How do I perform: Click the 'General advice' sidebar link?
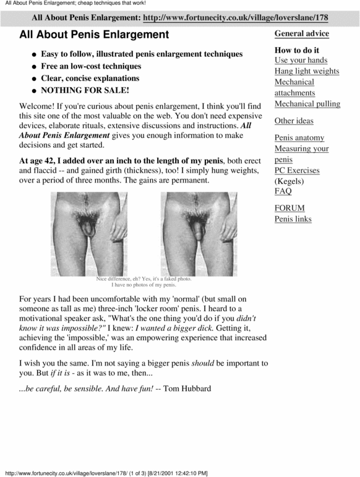tap(301, 33)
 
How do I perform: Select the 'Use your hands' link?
tap(301, 60)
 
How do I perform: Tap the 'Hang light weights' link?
tap(307, 71)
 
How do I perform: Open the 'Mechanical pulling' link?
tap(307, 104)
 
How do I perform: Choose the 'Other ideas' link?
tap(294, 121)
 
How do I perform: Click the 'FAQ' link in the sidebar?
tap(283, 191)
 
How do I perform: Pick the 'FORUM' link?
tap(289, 208)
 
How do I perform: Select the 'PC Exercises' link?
tap(297, 170)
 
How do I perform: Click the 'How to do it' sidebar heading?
tap(297, 50)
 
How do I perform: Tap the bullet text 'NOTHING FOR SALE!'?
tap(85, 90)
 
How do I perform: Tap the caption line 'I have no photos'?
tap(144, 285)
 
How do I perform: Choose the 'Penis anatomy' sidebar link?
tap(299, 137)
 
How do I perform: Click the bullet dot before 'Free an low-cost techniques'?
tap(34, 67)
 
